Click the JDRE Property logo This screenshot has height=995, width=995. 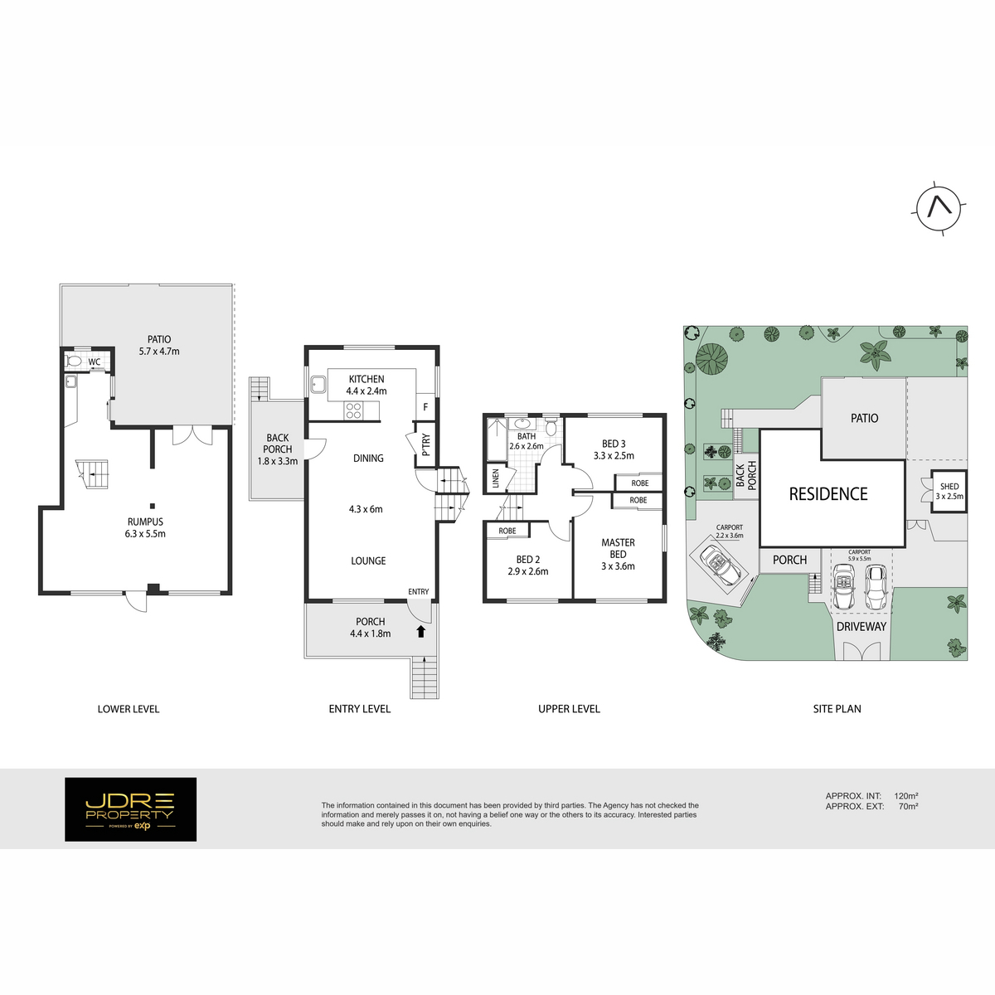131,809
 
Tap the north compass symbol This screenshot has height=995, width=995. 939,209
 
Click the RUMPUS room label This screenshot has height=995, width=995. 145,522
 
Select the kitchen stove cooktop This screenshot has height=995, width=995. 354,410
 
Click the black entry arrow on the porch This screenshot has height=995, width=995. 421,631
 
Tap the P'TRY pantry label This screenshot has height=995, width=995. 425,444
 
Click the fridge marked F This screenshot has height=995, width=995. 425,407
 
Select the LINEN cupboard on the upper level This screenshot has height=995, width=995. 496,478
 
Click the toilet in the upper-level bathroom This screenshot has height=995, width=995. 551,426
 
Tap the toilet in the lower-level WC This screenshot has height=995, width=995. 74,362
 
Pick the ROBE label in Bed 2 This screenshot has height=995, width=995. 507,531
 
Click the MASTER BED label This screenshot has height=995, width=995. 618,548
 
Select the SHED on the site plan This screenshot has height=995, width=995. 949,491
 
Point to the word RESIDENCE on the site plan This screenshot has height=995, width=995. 828,494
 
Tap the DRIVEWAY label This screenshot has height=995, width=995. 862,626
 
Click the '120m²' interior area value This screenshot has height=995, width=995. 906,796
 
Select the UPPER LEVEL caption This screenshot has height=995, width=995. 569,709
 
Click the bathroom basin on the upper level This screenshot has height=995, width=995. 522,425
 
